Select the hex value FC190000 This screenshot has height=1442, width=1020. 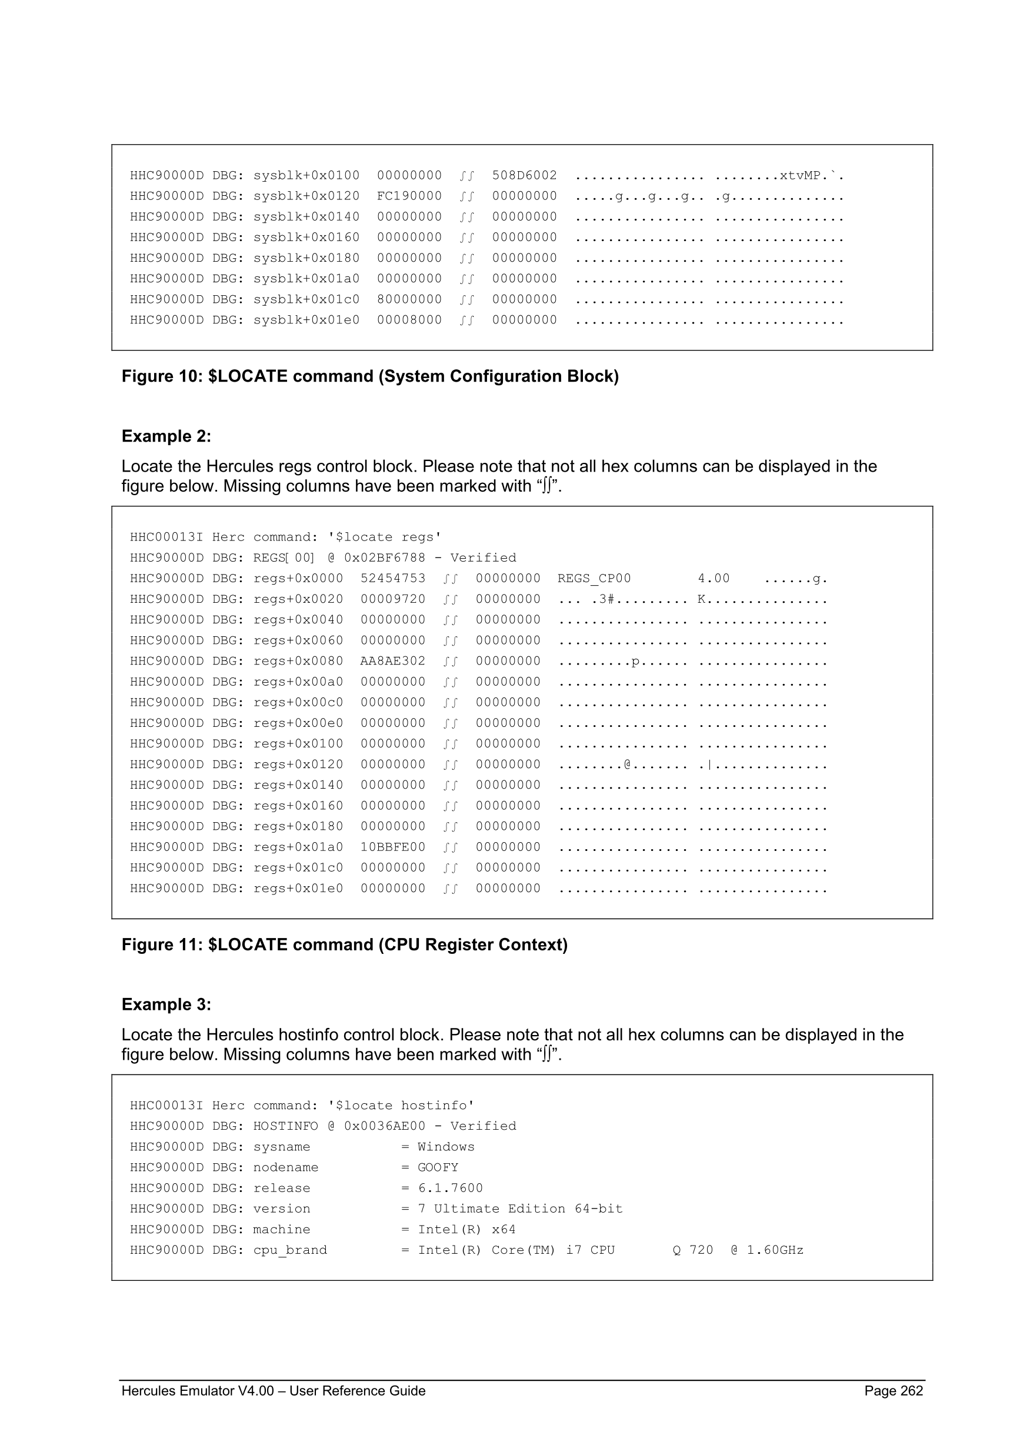(409, 196)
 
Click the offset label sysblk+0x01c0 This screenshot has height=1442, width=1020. (306, 299)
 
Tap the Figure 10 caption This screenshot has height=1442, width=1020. (370, 376)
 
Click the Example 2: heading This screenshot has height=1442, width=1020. (166, 436)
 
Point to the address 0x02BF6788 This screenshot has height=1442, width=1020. (384, 558)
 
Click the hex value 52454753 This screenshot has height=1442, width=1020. (393, 579)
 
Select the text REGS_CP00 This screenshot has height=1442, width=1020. (594, 579)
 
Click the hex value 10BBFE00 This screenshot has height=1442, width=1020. (393, 847)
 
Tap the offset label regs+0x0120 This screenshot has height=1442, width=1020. (298, 765)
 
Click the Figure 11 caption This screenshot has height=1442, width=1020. (344, 944)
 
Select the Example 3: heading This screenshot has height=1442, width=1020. (166, 1004)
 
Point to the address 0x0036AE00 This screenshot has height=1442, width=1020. (384, 1126)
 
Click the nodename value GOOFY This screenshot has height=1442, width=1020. (438, 1167)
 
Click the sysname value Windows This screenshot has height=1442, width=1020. (446, 1147)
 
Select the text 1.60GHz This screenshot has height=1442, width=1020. (775, 1250)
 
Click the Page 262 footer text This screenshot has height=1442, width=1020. (893, 1391)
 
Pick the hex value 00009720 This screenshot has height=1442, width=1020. (393, 599)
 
